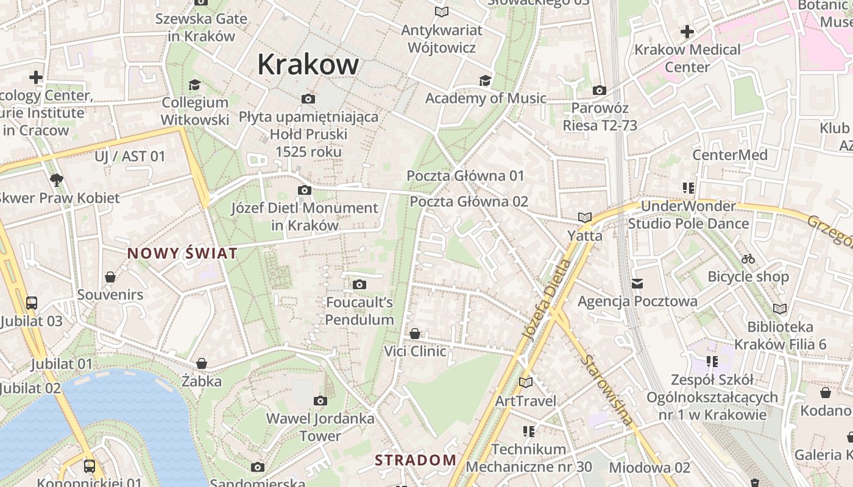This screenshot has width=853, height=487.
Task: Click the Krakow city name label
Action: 308,64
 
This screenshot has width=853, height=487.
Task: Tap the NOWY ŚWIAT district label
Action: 182,253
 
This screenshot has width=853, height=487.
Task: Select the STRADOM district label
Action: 416,460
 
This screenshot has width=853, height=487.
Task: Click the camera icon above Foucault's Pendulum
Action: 359,284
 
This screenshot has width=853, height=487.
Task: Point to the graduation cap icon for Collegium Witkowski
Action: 194,85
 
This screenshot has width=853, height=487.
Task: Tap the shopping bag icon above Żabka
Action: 202,363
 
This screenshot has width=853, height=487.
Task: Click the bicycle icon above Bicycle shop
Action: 748,259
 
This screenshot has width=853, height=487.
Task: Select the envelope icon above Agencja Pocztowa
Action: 637,283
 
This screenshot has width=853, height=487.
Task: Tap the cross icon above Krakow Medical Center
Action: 687,32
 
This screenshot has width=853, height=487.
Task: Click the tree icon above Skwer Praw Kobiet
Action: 57,180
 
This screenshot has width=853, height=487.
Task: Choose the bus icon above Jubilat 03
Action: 32,303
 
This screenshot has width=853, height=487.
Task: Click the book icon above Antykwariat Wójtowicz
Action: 442,12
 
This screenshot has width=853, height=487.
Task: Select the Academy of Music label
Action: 486,98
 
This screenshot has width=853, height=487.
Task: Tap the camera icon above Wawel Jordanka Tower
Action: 320,401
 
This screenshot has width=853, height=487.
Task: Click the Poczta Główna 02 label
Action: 469,201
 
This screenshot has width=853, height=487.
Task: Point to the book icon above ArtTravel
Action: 525,382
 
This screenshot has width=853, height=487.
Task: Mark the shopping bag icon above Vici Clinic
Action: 415,334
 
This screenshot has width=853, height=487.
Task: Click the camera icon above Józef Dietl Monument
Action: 305,191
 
